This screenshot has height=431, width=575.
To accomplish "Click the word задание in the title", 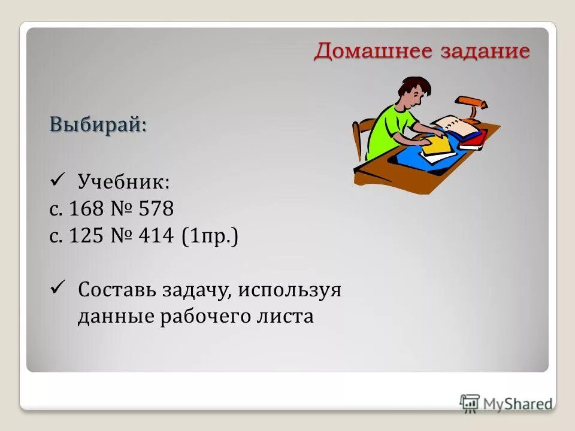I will pyautogui.click(x=485, y=51).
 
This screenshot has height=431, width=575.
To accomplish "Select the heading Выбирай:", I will pyautogui.click(x=98, y=125).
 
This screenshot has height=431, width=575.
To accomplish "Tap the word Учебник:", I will pyautogui.click(x=123, y=181).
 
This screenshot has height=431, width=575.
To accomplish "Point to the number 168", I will pyautogui.click(x=87, y=209).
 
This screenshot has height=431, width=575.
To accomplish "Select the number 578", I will pyautogui.click(x=156, y=209).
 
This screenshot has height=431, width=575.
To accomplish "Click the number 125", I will pyautogui.click(x=87, y=236).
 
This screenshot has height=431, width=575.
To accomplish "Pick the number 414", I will pyautogui.click(x=156, y=236).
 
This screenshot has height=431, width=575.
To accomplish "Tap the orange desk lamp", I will pyautogui.click(x=471, y=107).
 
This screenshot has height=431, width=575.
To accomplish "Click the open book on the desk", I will pyautogui.click(x=455, y=126).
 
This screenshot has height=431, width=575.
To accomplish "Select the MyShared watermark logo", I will pyautogui.click(x=506, y=403).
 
